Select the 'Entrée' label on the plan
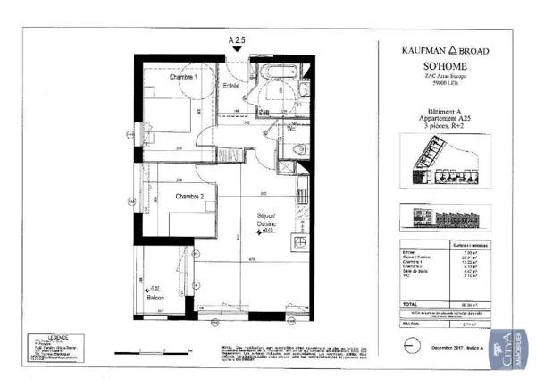click(x=230, y=86)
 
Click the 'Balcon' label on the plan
click(x=157, y=295)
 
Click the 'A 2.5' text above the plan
click(x=236, y=40)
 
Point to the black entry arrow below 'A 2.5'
click(x=236, y=50)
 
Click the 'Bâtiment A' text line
click(x=437, y=111)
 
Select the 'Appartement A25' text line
click(x=437, y=118)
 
